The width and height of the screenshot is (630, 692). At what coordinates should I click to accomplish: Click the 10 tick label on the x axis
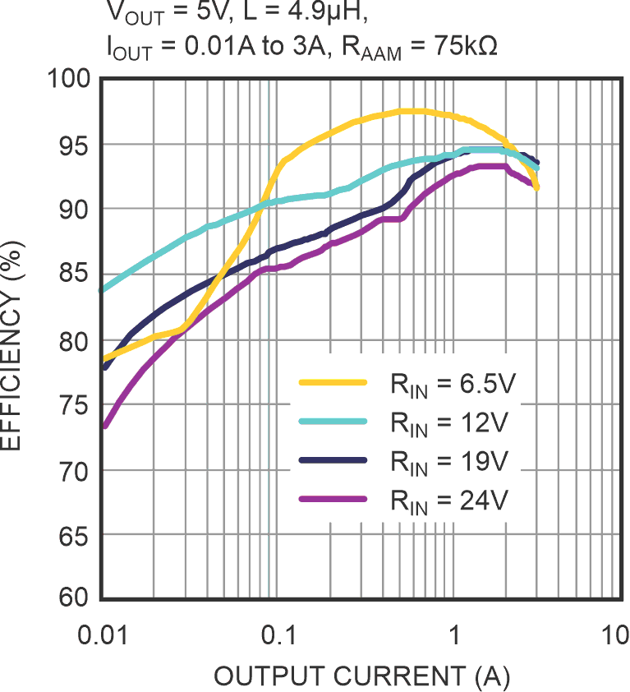(x=613, y=635)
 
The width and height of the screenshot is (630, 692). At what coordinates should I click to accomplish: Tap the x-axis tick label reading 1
(x=453, y=635)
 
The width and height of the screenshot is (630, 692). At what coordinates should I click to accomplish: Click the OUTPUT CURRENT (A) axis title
(x=362, y=676)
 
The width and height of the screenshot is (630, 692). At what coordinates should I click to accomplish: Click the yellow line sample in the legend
(x=333, y=382)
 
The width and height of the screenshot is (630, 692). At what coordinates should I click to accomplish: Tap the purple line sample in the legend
(x=333, y=499)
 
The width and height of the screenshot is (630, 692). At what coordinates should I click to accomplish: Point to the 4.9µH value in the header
(x=276, y=12)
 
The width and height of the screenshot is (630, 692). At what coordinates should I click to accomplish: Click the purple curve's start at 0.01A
(x=103, y=426)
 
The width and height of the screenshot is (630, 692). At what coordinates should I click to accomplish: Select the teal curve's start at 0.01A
(x=102, y=290)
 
